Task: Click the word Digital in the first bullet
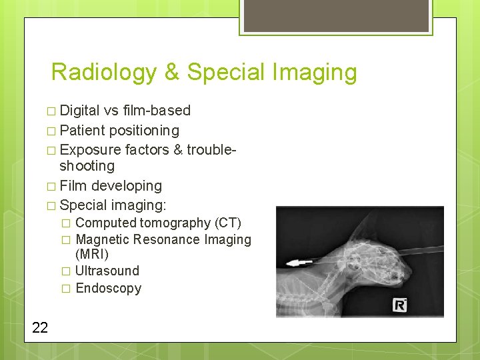point(79,111)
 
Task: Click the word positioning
point(144,130)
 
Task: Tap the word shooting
point(87,166)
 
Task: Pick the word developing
point(126,186)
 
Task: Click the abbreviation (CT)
point(227,223)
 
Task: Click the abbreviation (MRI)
point(92,255)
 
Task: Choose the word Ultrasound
point(107,271)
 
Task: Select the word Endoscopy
point(109,288)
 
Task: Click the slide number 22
point(39,327)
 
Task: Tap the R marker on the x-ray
point(399,306)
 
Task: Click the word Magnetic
point(103,239)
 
